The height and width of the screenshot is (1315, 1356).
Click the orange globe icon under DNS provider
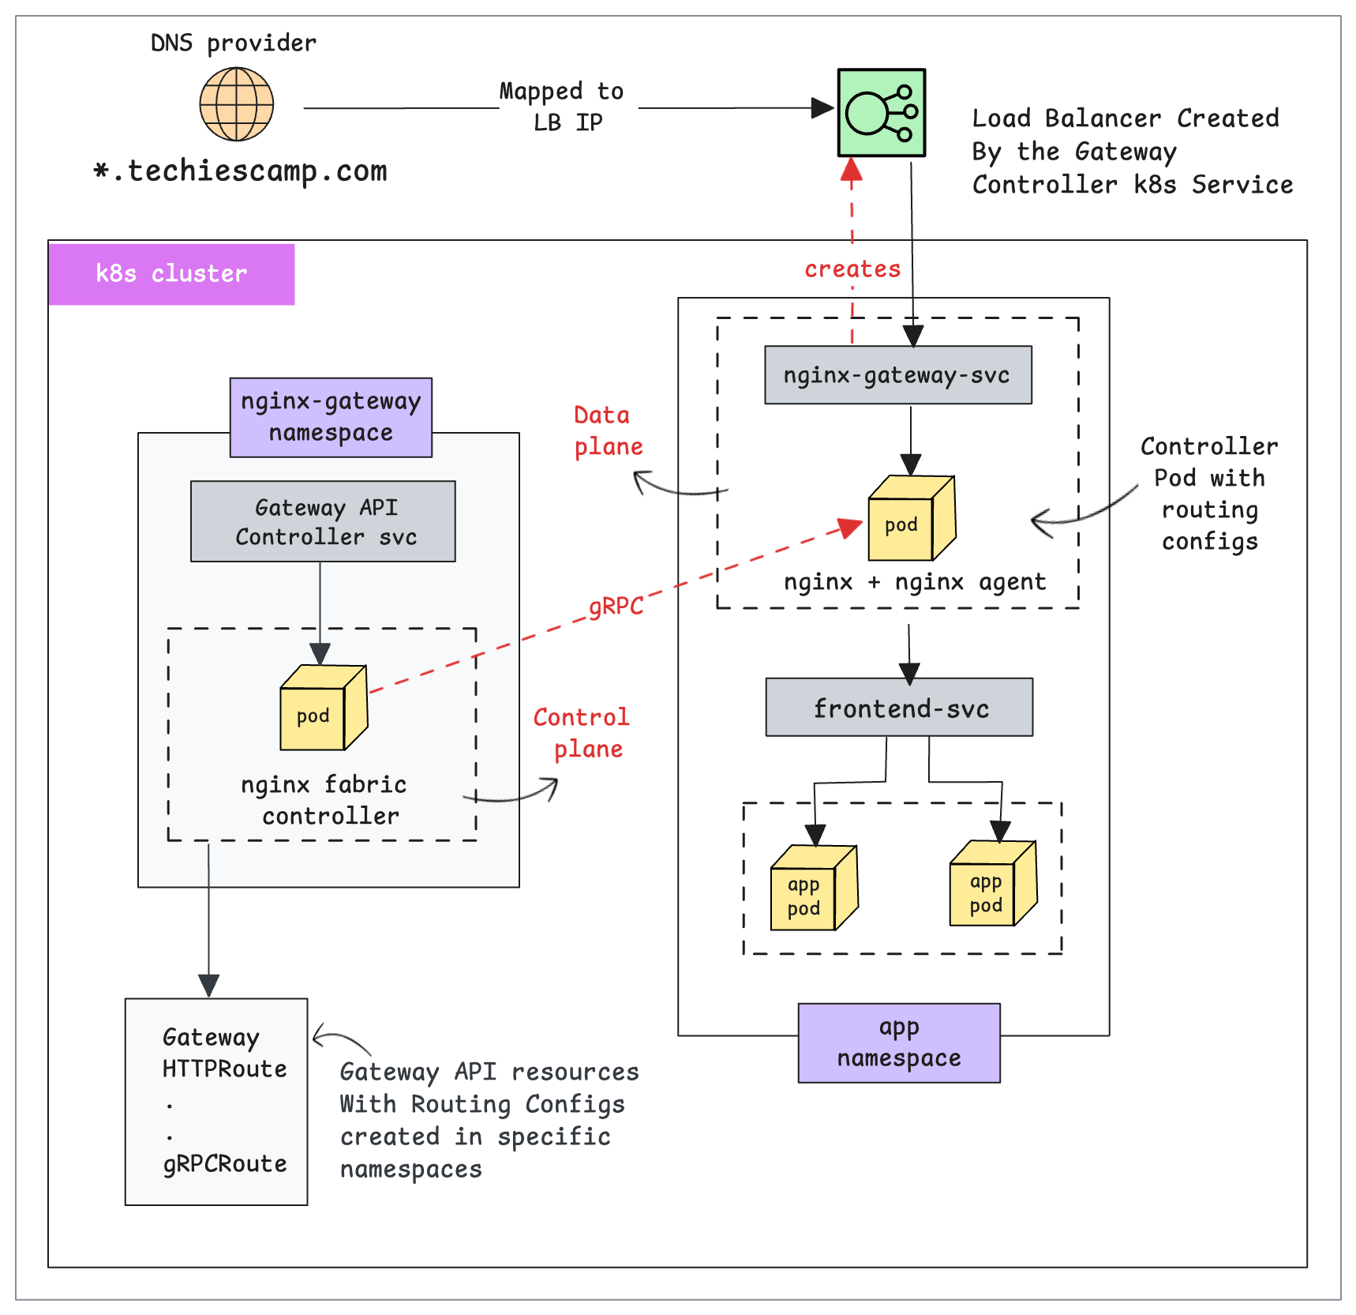pos(236,104)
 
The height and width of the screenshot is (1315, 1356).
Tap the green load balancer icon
pos(881,113)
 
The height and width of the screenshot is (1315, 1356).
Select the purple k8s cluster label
pos(171,274)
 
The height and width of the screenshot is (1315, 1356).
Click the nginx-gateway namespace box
pos(331,417)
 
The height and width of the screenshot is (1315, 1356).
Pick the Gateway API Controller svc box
pos(323,521)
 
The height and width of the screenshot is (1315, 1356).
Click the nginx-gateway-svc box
pos(897,375)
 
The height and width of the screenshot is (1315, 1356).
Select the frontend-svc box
pos(899,708)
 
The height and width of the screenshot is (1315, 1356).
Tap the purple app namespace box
pos(899,1043)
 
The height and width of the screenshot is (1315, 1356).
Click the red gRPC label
pos(616,607)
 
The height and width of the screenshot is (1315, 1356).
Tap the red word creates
pos(852,269)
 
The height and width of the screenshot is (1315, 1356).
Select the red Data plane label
pos(607,431)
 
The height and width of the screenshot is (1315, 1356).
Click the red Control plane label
pos(582,733)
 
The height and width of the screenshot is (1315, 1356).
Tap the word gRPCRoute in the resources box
pos(225,1164)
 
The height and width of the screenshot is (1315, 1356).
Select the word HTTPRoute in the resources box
pos(225,1069)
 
